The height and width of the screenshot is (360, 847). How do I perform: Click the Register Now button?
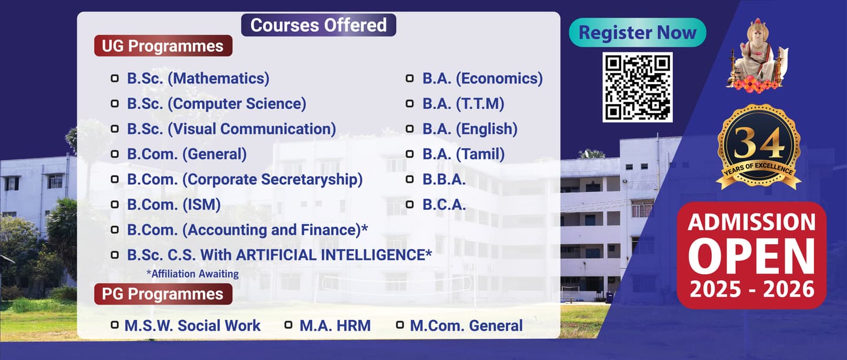coord(638,32)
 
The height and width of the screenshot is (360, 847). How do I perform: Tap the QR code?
coord(638,87)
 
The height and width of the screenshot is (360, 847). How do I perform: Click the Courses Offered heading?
coord(318,25)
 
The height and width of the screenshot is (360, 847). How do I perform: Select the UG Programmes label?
coord(163,46)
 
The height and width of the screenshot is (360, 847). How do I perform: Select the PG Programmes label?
coord(163,294)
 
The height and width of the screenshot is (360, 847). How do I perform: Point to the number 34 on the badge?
coord(759,144)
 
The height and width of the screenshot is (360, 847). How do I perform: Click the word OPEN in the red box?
coord(752,256)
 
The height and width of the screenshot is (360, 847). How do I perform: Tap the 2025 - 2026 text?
coord(752,289)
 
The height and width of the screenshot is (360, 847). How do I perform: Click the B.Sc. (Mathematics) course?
coord(198,79)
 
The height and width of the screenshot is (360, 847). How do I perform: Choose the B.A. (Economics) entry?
coord(482,79)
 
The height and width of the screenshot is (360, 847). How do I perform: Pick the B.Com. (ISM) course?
coord(174,205)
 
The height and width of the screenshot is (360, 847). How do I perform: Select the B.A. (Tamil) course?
coord(463,154)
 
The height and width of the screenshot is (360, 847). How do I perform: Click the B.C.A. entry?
coord(444,205)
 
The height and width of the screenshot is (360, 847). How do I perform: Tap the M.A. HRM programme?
coord(335,326)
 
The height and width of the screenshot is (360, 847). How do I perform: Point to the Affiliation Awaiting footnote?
coord(193,274)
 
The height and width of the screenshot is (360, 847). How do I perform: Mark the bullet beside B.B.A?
coord(409,179)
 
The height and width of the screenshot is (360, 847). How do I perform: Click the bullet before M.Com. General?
coord(400,325)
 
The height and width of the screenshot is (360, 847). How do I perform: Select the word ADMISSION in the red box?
coord(752,222)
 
